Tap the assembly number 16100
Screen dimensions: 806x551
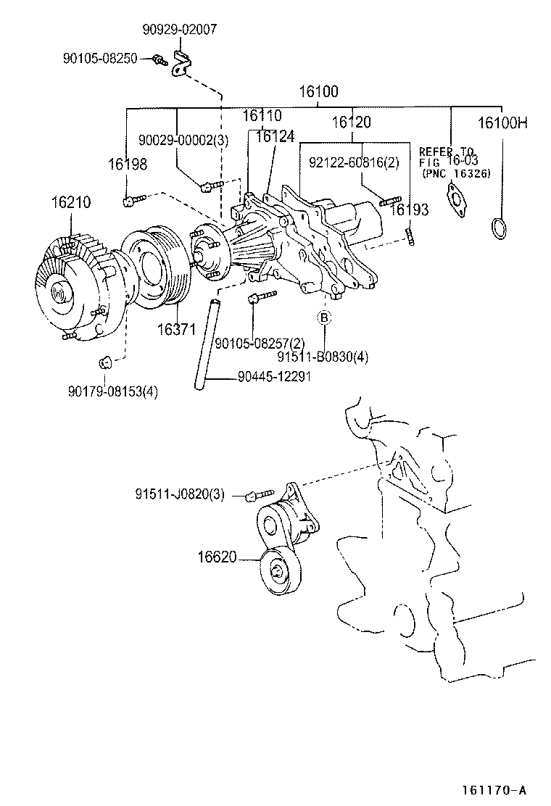(319, 93)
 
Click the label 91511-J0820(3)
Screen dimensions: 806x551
(179, 495)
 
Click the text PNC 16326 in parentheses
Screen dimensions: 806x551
(456, 174)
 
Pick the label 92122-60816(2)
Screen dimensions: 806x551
(353, 162)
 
